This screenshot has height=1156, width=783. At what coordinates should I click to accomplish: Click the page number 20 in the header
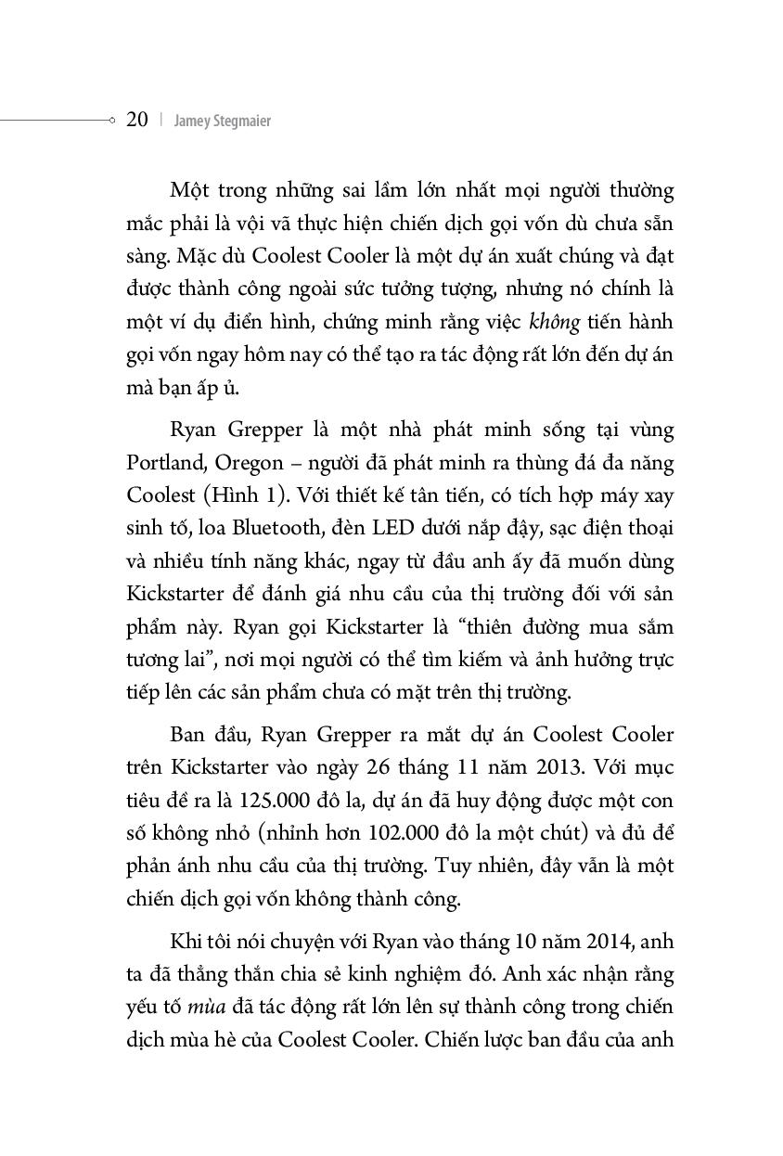pos(137,120)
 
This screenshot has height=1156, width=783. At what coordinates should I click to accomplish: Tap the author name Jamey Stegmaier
pos(222,121)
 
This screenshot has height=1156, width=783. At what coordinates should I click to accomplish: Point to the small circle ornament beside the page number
pos(111,120)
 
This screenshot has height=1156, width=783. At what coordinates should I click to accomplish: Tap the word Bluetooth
pos(282,529)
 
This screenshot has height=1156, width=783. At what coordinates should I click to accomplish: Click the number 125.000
pos(277,801)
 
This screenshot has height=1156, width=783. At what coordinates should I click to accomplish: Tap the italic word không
pos(554,322)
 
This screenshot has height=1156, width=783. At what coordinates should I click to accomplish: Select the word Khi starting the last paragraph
pos(186,942)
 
